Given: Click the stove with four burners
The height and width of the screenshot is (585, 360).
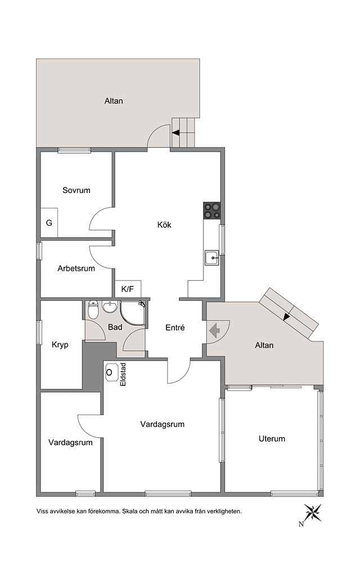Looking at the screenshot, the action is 211,210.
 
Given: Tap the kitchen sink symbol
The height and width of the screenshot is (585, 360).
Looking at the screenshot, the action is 212,258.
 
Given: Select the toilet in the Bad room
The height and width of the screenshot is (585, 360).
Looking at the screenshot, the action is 93,310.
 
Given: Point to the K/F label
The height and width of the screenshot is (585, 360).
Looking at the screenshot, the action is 128,289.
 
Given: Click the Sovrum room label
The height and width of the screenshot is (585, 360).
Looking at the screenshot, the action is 76,190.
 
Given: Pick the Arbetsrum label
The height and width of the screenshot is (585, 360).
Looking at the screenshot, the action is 76,268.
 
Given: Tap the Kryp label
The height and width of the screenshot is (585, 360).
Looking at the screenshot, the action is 60,345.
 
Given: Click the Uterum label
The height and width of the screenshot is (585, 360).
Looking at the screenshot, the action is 272,439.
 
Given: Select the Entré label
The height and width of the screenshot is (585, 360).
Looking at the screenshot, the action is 175,327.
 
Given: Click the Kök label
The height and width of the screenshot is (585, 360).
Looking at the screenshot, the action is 164,225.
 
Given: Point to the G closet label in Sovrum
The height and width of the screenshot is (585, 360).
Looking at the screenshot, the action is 49,223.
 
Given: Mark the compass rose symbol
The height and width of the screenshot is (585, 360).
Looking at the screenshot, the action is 313,512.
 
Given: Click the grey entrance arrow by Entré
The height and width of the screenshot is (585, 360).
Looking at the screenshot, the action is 214,330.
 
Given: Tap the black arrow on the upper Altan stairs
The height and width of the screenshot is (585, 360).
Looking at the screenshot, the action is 175,132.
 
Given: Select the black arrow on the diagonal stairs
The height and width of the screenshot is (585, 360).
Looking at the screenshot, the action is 286,316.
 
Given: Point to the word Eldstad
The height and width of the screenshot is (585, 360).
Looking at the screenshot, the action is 124,375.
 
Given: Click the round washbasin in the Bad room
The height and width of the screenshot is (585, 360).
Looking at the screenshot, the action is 109,308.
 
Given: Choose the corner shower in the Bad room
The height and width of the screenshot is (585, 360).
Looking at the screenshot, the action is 133,313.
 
